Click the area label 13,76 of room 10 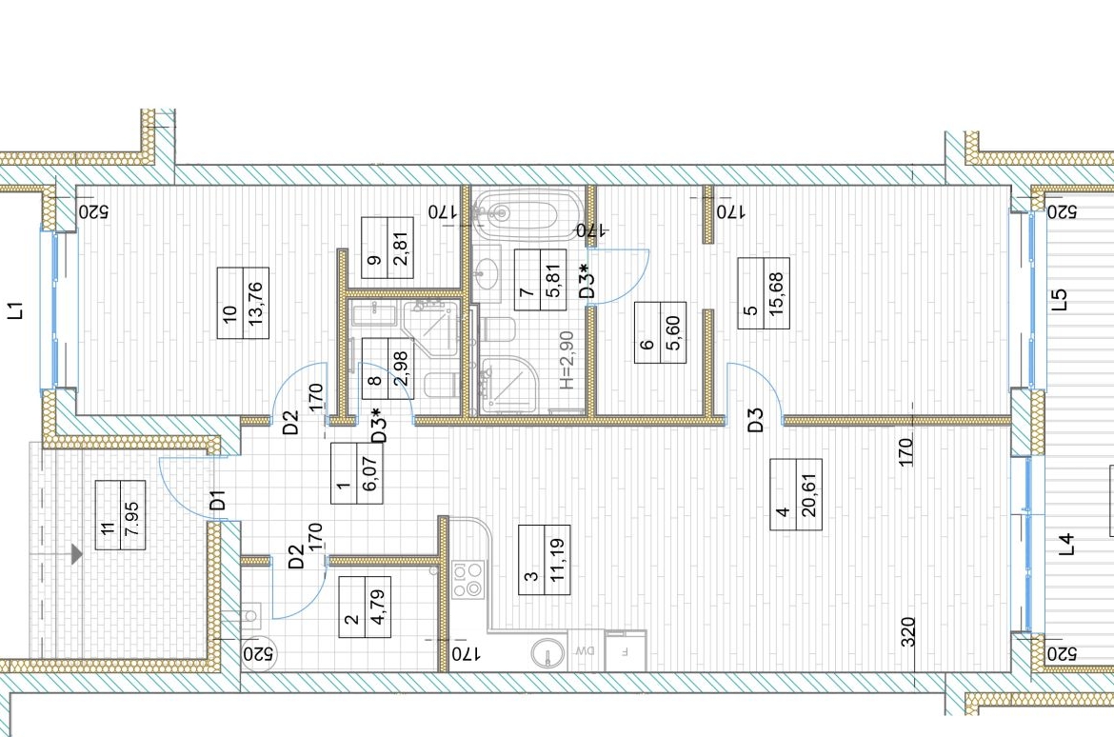[256, 304]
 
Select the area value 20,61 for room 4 [809, 494]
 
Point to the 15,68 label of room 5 [777, 293]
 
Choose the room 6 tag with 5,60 [673, 332]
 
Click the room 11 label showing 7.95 [133, 515]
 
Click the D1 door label [218, 500]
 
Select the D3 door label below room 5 [755, 419]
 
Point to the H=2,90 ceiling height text [567, 360]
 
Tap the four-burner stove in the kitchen [468, 579]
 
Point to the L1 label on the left [15, 310]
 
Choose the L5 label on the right [1060, 299]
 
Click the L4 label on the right [1067, 545]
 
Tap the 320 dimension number [908, 632]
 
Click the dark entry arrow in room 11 [76, 554]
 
